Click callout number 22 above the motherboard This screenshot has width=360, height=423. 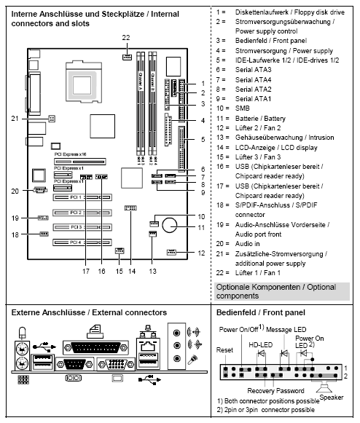pos(126,36)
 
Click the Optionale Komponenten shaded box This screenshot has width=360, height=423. pos(285,291)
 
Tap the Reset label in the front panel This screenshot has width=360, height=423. pos(224,349)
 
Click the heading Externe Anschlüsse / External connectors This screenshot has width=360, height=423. pos(89,312)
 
